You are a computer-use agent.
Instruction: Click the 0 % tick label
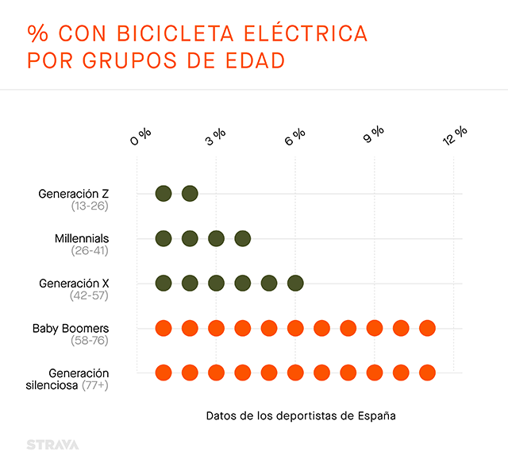[x=140, y=137]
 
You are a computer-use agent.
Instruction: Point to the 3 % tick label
[x=215, y=137]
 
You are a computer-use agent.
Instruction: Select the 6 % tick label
[x=294, y=137]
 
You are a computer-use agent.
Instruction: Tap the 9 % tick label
[x=374, y=137]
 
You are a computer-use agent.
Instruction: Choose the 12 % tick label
[x=455, y=137]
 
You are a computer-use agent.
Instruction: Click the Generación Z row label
[x=74, y=193]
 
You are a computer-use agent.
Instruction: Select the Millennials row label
[x=82, y=238]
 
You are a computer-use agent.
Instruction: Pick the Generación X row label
[x=74, y=283]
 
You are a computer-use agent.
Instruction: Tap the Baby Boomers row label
[x=71, y=328]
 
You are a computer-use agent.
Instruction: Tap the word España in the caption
[x=375, y=415]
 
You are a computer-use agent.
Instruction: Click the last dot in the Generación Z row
[x=190, y=193]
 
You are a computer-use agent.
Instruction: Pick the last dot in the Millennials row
[x=243, y=238]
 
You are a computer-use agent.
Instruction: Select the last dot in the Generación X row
[x=295, y=283]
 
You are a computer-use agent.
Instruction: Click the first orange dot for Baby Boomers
[x=164, y=328]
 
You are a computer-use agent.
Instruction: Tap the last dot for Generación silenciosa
[x=427, y=372]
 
